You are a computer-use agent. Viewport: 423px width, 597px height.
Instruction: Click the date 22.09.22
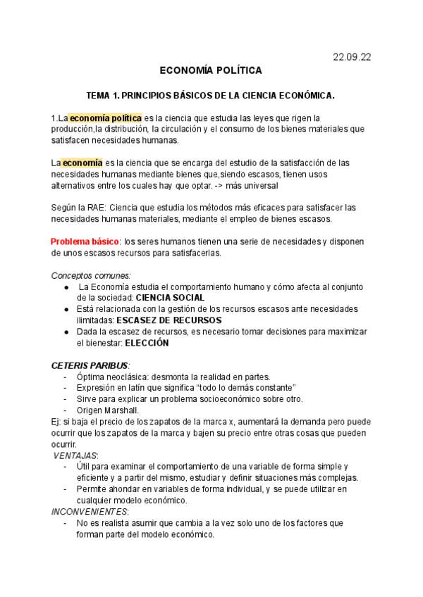pos(351,57)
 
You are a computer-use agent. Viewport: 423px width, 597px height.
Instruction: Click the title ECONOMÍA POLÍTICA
pos(211,70)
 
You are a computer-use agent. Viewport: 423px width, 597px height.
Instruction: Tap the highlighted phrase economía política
pos(105,118)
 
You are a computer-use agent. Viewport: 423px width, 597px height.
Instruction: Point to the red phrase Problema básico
pos(85,241)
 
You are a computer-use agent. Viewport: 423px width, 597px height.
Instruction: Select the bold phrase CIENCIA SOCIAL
pos(170,298)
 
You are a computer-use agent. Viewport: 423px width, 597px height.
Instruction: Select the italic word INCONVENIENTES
pos(90,512)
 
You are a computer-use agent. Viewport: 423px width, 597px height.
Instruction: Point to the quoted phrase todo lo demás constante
pos(243,388)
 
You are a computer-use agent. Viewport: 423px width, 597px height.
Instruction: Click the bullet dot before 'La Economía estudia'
pos(66,287)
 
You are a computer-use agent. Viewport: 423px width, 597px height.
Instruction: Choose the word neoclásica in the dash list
pos(131,377)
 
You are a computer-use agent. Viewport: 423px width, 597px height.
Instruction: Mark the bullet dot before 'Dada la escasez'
pos(66,332)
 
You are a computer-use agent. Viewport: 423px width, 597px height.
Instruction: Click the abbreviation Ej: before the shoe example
pos(56,422)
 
